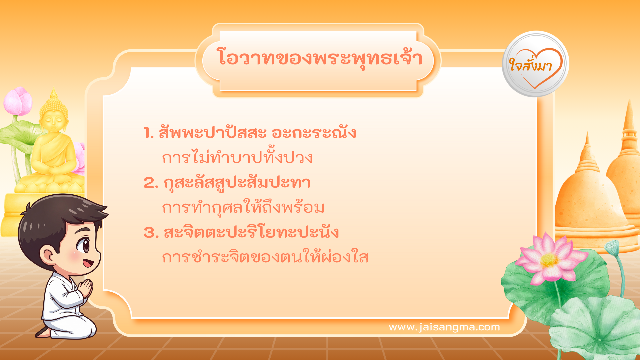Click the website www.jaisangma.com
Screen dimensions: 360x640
pyautogui.click(x=444, y=327)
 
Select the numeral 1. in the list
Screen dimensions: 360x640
pyautogui.click(x=149, y=133)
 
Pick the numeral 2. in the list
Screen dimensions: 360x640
pyautogui.click(x=151, y=183)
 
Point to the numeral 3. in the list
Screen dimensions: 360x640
pyautogui.click(x=151, y=233)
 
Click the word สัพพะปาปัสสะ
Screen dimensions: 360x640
pyautogui.click(x=213, y=133)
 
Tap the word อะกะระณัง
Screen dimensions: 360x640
pyautogui.click(x=314, y=133)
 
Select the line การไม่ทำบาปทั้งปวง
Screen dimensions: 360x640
pyautogui.click(x=237, y=157)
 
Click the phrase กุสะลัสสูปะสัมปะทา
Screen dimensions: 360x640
pyautogui.click(x=237, y=183)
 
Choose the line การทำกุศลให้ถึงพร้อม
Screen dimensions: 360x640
pyautogui.click(x=243, y=207)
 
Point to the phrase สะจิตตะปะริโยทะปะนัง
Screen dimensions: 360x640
pyautogui.click(x=251, y=232)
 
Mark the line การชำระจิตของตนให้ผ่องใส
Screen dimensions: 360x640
pyautogui.click(x=265, y=257)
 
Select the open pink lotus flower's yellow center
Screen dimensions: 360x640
pyautogui.click(x=549, y=260)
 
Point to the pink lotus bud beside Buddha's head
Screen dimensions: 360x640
pyautogui.click(x=18, y=101)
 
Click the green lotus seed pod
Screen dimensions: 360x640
pyautogui.click(x=612, y=247)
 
